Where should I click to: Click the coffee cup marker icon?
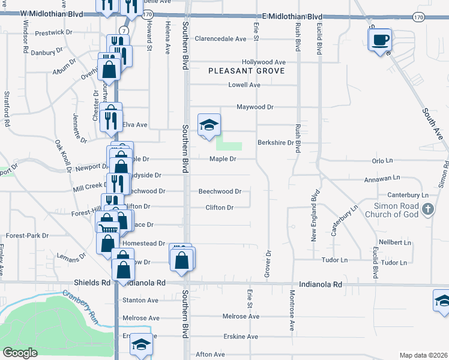[x=379, y=41]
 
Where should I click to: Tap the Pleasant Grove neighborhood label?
[x=247, y=71]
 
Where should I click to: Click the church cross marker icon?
[x=427, y=209]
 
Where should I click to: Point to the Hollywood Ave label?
[x=264, y=62]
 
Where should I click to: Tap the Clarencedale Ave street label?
[x=220, y=38]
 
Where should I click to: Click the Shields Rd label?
[x=92, y=282]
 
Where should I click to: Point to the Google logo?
[x=20, y=353]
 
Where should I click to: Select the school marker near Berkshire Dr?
[x=209, y=125]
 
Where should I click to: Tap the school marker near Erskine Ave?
[x=142, y=345]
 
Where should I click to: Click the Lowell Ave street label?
[x=244, y=85]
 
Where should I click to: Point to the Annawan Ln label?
[x=382, y=179]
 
